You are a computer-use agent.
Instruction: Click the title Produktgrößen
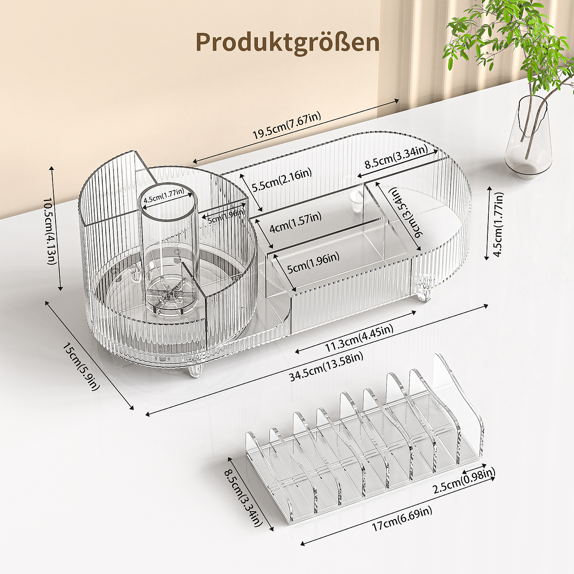tap(287, 42)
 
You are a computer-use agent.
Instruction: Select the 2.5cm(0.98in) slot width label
tap(464, 480)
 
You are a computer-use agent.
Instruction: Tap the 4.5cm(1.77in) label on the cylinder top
tap(163, 196)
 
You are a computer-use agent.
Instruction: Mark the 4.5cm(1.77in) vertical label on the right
tap(498, 224)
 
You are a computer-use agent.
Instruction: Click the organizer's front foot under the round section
tap(196, 370)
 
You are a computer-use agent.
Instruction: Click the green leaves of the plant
tap(502, 36)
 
